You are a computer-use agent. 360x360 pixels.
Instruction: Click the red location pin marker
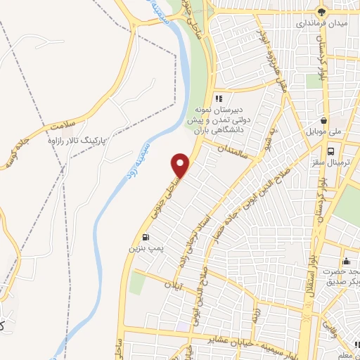[x=181, y=165]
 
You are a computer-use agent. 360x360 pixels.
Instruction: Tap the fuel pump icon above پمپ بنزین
[x=146, y=237]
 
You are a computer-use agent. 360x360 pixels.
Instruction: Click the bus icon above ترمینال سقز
[x=331, y=150]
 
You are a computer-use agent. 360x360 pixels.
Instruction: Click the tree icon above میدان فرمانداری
[x=323, y=11]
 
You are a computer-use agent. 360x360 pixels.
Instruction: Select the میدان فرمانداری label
[x=324, y=23]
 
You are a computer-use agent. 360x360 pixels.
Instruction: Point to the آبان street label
[x=172, y=287]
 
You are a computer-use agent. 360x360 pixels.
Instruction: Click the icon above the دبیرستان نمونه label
[x=219, y=99]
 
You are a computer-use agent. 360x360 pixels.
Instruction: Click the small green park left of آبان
[x=137, y=283]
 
